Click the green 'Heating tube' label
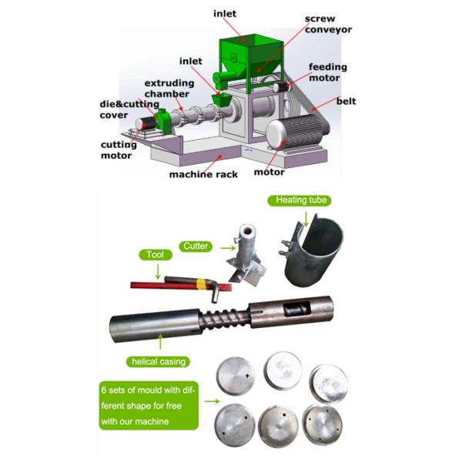point(300,200)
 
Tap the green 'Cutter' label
point(196,246)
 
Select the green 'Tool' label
point(156,255)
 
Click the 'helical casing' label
point(158,362)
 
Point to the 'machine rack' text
point(203,175)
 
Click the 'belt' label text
point(346,101)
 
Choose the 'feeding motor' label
point(328,72)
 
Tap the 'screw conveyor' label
point(328,24)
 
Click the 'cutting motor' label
point(119,149)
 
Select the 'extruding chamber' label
point(169,89)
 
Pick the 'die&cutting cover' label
point(129,109)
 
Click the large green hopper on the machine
point(251,60)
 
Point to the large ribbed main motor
point(297,132)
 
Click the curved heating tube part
point(313,249)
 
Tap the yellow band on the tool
point(201,284)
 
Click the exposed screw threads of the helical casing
point(225,317)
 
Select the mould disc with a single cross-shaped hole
point(235,376)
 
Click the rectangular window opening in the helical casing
point(297,308)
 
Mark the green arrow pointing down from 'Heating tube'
point(306,219)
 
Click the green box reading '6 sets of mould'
point(149,406)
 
